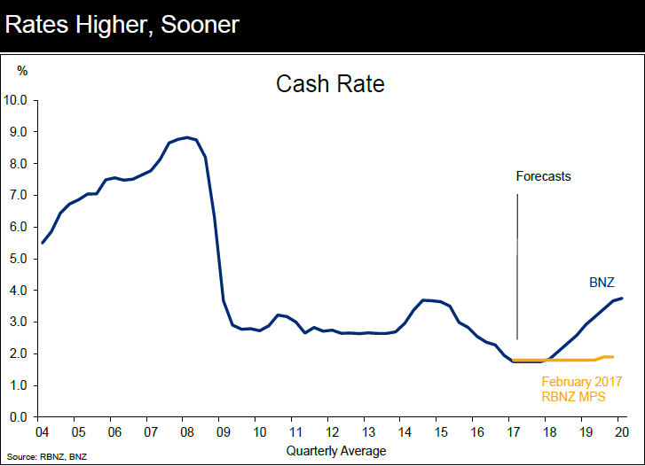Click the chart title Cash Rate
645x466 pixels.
click(329, 85)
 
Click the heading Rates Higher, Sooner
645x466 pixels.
click(122, 25)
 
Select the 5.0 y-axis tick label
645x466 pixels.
click(21, 259)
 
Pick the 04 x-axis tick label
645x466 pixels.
click(42, 432)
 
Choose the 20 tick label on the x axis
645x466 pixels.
click(622, 432)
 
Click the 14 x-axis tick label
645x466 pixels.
click(405, 432)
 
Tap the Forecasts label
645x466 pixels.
click(543, 176)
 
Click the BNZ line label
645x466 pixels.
click(602, 283)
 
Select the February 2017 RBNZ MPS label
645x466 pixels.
click(581, 389)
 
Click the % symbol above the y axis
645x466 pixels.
click(22, 69)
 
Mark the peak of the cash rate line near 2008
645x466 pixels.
click(186, 137)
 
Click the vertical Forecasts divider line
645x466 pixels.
click(517, 266)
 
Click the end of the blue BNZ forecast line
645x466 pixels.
click(622, 298)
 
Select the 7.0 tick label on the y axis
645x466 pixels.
click(21, 195)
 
